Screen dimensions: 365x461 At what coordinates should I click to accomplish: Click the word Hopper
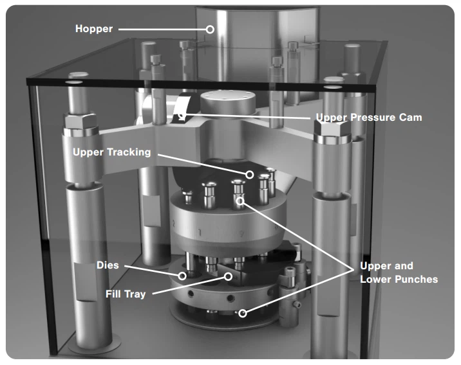[93, 29]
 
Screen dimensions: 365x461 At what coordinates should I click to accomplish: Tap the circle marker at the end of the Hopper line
[209, 29]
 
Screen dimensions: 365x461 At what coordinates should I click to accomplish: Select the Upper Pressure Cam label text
[368, 118]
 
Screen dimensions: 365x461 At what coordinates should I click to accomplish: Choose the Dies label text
[107, 264]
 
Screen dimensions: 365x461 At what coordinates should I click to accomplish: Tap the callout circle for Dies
[183, 276]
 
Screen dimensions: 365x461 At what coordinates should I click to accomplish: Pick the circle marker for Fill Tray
[228, 277]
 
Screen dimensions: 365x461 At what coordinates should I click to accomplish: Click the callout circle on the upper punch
[240, 202]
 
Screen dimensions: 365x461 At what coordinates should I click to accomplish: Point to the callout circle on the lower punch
[243, 314]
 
